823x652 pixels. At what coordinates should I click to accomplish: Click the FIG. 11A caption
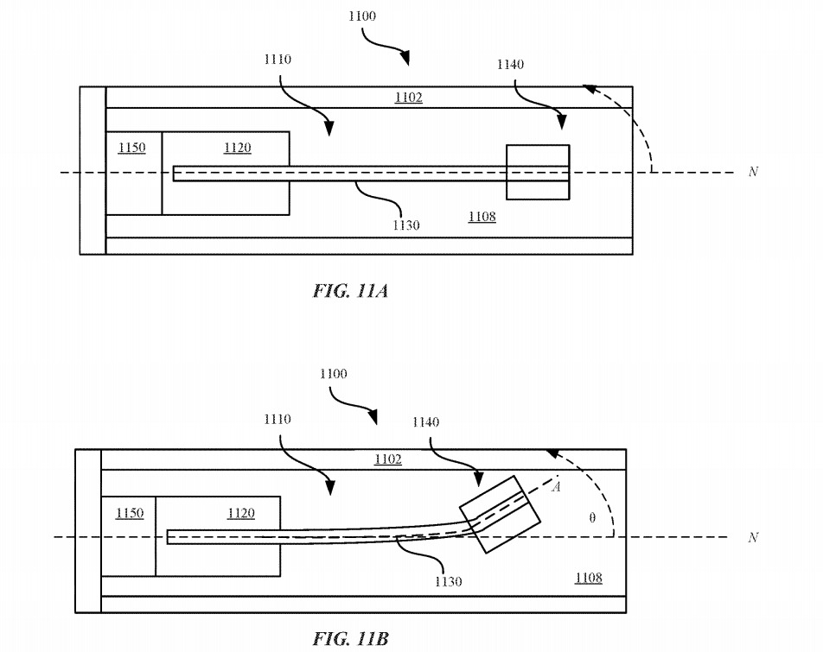(x=350, y=290)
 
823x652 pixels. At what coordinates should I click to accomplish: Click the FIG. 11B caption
(x=350, y=639)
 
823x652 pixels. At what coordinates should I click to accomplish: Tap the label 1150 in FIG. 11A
(x=131, y=148)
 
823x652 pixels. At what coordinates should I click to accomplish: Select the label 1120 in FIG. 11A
(x=237, y=148)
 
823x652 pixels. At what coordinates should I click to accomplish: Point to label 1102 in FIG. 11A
(x=408, y=98)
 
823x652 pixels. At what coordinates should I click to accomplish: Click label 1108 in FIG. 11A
(x=482, y=216)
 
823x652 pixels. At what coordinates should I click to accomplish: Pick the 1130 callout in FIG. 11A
(x=405, y=225)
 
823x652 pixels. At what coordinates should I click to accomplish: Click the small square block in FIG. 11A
(x=537, y=173)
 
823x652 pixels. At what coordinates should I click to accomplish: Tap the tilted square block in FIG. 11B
(x=501, y=514)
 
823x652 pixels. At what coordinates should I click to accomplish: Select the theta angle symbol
(x=591, y=518)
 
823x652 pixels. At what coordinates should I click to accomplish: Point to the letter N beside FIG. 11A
(x=753, y=172)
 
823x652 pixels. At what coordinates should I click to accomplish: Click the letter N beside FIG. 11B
(x=753, y=537)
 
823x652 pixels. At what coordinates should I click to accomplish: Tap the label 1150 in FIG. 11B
(x=129, y=514)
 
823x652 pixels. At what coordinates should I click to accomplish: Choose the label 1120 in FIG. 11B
(x=241, y=514)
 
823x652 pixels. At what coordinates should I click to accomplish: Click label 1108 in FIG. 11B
(x=589, y=578)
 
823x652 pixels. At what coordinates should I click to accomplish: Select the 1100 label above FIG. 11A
(x=361, y=16)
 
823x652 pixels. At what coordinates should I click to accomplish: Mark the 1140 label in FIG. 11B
(x=425, y=422)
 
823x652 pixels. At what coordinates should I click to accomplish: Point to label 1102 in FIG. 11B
(x=387, y=459)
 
